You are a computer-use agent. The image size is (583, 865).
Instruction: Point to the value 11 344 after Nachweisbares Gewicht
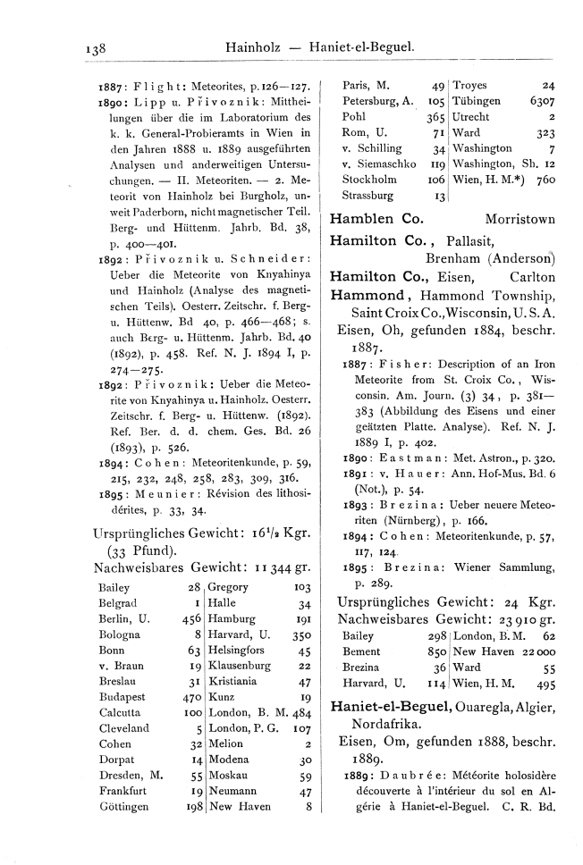[278, 568]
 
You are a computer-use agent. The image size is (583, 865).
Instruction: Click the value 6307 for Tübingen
[542, 102]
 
